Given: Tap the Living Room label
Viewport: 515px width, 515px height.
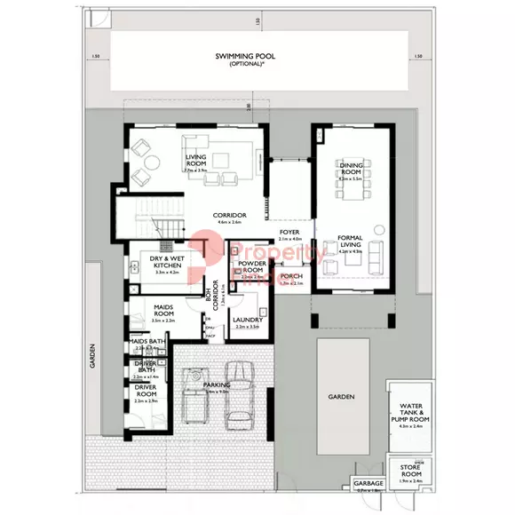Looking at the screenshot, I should pos(195,161).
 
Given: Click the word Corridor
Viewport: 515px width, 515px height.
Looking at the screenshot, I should pos(229,216).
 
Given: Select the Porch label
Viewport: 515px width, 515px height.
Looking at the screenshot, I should pos(291,276).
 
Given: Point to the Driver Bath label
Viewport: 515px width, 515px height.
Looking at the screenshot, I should pos(146,367).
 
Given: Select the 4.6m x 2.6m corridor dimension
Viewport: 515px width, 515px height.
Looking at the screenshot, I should pos(229,223).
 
